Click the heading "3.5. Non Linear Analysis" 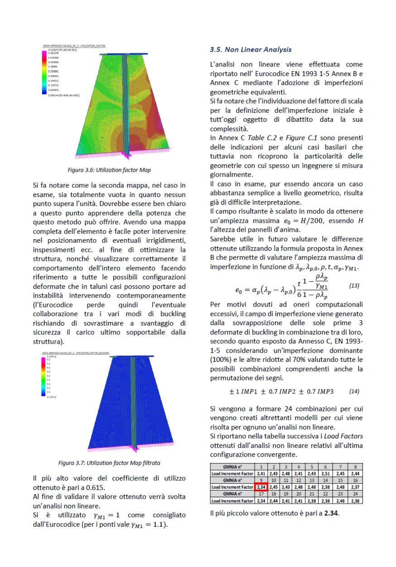click(x=251, y=49)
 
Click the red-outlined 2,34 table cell click(x=261, y=486)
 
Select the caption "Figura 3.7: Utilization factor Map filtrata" click(x=109, y=463)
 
